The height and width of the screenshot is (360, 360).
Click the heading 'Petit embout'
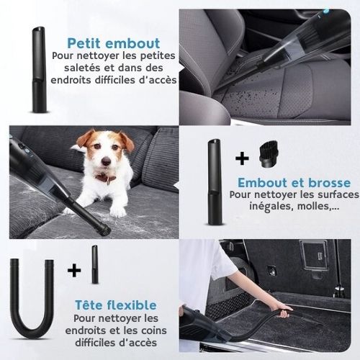click(x=114, y=43)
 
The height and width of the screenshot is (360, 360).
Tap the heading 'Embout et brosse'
click(x=294, y=183)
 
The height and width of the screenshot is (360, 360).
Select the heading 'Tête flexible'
click(x=116, y=305)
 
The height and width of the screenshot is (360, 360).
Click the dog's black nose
click(x=106, y=161)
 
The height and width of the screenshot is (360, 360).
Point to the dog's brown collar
click(x=106, y=178)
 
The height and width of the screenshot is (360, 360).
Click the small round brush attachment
click(x=269, y=154)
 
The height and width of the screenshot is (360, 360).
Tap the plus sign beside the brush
click(x=242, y=158)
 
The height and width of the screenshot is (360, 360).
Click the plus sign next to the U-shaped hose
click(x=74, y=271)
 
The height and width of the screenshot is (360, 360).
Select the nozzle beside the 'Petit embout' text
click(x=39, y=70)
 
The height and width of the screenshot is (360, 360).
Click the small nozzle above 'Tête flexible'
click(x=95, y=264)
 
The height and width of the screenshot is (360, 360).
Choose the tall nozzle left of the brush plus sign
click(x=215, y=181)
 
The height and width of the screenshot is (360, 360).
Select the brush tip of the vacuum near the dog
click(x=104, y=230)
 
